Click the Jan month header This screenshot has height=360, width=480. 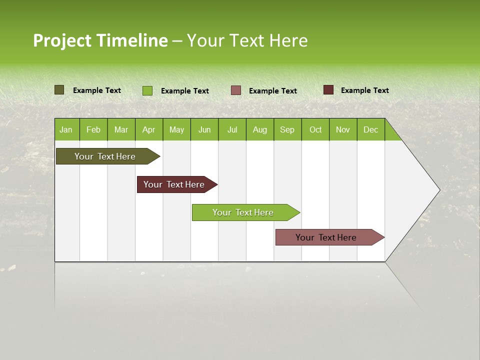click(x=66, y=129)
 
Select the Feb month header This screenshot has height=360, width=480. click(x=93, y=129)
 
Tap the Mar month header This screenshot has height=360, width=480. click(x=121, y=129)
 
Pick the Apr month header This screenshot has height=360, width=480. click(x=148, y=129)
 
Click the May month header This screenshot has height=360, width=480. click(x=176, y=129)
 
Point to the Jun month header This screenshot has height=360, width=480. click(x=204, y=129)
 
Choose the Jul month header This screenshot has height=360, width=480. click(x=232, y=129)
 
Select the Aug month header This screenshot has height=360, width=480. click(x=260, y=129)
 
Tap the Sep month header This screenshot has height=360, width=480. click(x=287, y=129)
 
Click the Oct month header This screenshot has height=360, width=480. click(x=315, y=129)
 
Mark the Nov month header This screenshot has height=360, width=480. click(x=343, y=129)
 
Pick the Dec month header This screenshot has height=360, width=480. click(x=371, y=129)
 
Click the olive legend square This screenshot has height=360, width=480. click(x=59, y=90)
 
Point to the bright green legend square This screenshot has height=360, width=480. click(x=147, y=90)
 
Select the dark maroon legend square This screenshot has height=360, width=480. click(x=328, y=90)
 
